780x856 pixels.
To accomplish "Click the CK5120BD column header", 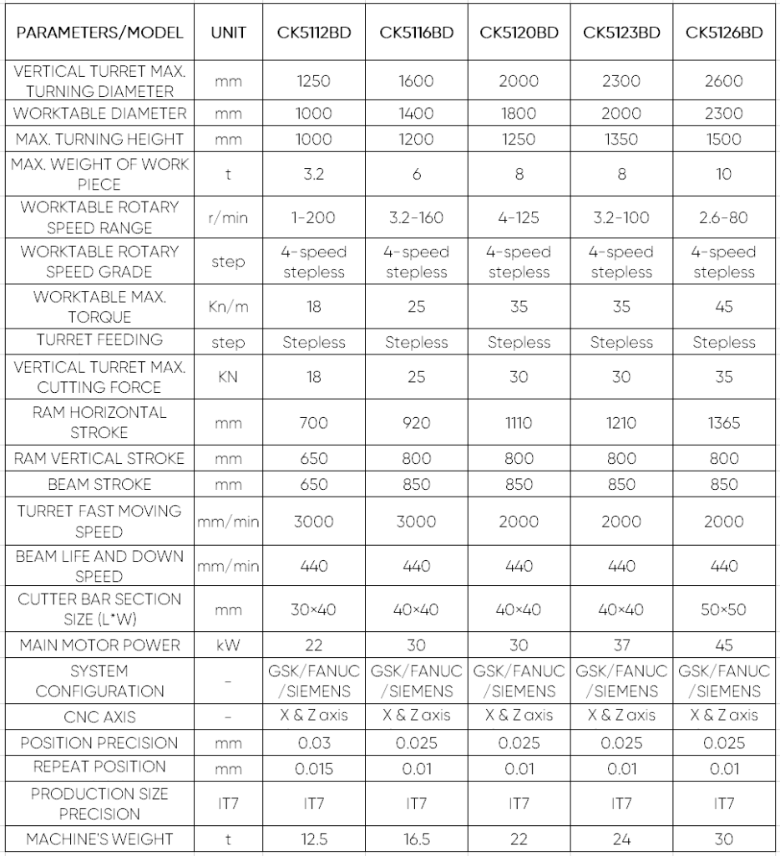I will pos(519,33).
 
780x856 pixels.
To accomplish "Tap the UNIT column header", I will pos(228,33).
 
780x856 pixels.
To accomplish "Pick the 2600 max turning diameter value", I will pos(723,82).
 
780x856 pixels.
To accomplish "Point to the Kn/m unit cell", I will pos(228,307).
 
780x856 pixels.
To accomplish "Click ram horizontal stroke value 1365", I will pos(723,423).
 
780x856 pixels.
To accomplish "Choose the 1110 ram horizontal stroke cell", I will pos(519,423).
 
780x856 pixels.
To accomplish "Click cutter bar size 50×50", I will pos(723,610).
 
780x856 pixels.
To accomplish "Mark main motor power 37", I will pos(621,645).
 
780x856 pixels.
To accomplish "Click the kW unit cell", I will pos(228,645).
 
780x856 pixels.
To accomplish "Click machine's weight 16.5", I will pos(416,839).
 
